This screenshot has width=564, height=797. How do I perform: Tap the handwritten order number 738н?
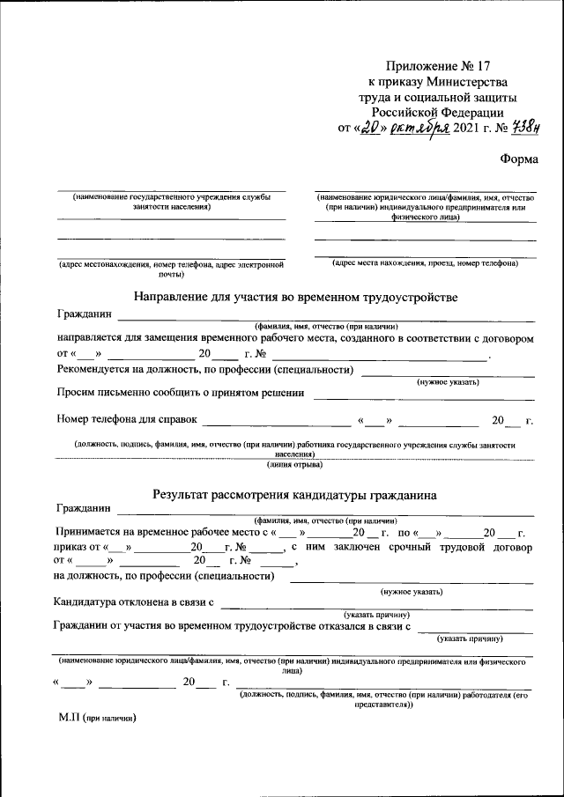tap(502, 127)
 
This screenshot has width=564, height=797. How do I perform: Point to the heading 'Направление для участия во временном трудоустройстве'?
tap(295, 297)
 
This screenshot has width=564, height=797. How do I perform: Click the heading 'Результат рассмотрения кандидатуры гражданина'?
tap(293, 495)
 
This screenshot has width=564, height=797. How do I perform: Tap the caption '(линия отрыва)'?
tap(295, 464)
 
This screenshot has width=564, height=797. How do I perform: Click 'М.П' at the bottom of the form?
tap(69, 718)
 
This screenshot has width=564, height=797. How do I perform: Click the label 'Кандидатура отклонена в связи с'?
tap(134, 602)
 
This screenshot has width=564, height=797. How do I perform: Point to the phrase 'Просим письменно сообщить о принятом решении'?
tap(181, 393)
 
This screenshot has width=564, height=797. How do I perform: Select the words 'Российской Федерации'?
tap(437, 112)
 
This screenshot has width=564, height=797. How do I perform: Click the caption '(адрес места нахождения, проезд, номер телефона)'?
tap(425, 263)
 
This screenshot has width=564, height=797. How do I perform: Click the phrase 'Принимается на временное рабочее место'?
tap(154, 533)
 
